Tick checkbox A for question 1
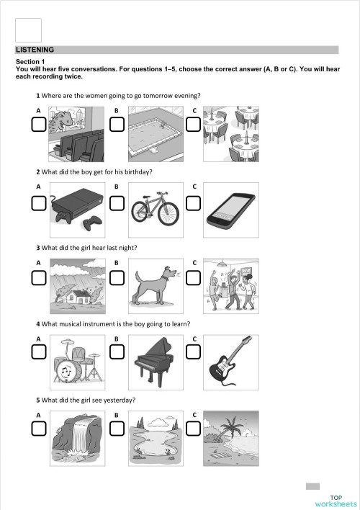click(39, 125)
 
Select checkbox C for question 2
click(194, 204)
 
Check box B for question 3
click(117, 277)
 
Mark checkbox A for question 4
click(39, 351)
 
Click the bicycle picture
click(155, 210)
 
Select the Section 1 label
click(30, 63)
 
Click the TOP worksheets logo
click(336, 501)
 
